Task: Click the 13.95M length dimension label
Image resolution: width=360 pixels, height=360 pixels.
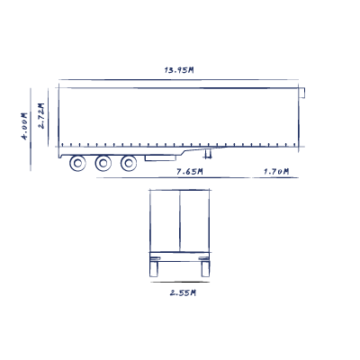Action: (179, 70)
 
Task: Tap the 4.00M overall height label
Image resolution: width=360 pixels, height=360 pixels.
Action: (24, 126)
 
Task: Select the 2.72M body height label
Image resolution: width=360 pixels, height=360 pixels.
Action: (40, 116)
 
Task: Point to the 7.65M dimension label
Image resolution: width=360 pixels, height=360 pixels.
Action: (190, 172)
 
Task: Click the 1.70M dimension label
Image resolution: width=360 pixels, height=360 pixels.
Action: (276, 172)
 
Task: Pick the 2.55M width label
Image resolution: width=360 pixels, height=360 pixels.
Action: (183, 292)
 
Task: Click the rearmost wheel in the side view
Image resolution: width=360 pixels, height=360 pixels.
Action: (77, 164)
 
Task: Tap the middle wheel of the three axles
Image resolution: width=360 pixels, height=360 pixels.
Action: (103, 164)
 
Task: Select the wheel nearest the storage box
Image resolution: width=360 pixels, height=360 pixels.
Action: (129, 164)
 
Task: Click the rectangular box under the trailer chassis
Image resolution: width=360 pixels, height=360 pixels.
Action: (160, 158)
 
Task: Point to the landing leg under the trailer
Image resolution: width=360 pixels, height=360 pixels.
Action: (207, 154)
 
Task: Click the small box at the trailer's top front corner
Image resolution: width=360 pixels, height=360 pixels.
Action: (301, 93)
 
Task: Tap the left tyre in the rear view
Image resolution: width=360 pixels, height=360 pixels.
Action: (154, 269)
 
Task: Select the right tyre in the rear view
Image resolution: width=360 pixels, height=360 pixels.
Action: (205, 269)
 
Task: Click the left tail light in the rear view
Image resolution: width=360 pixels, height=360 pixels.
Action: (155, 258)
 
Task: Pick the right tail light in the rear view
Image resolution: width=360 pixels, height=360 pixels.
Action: (204, 258)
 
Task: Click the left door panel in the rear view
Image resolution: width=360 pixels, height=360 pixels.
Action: (165, 220)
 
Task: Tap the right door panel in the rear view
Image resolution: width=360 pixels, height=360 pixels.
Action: (194, 220)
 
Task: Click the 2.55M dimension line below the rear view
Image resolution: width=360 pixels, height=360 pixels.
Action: (180, 282)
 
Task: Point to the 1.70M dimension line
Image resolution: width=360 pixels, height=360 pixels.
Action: (275, 177)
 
